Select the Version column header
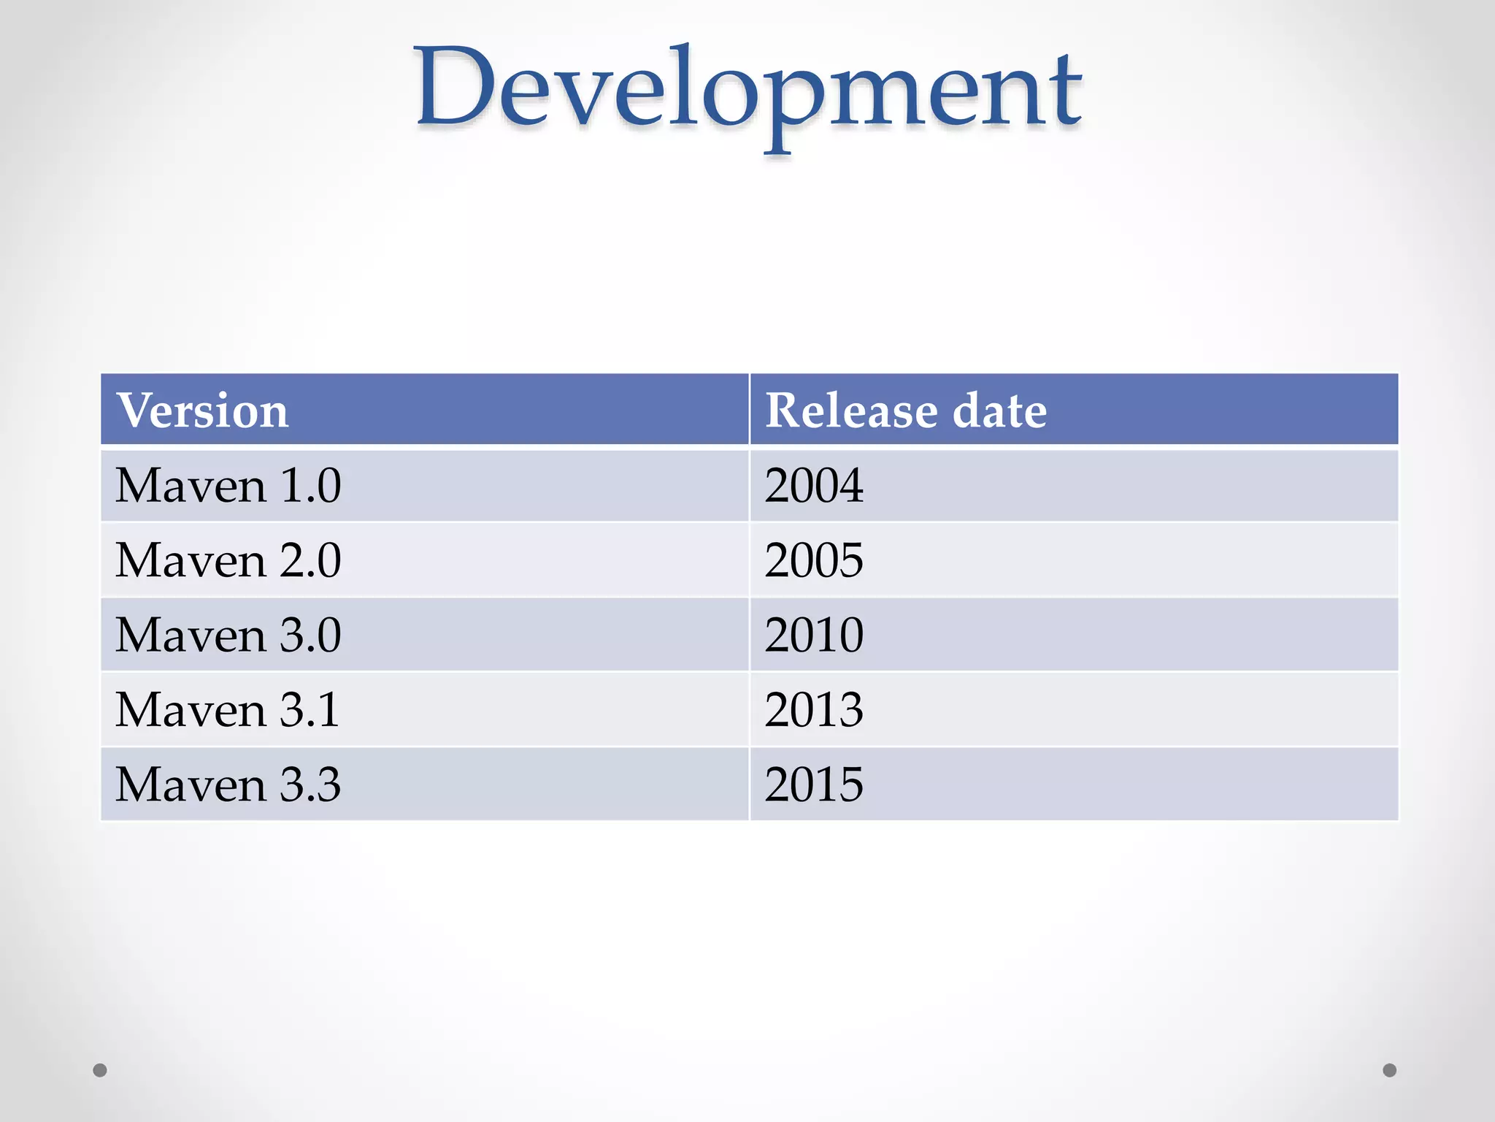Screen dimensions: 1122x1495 203,410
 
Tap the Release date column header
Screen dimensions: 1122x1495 905,410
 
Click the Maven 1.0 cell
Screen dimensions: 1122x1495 228,486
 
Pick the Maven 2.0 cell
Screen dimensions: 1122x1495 228,560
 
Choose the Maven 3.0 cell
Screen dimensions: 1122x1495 228,635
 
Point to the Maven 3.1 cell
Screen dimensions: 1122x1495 228,709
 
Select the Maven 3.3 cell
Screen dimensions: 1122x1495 228,785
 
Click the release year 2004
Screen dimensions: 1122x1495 814,486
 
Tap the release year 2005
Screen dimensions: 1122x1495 814,560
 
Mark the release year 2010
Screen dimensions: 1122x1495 814,635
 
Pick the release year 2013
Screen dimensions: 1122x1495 814,709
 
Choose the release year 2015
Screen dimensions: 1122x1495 814,785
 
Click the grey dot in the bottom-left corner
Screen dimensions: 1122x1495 100,1070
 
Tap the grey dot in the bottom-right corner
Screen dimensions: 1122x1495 1390,1070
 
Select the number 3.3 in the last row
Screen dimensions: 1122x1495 311,785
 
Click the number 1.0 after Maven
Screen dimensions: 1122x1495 311,486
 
